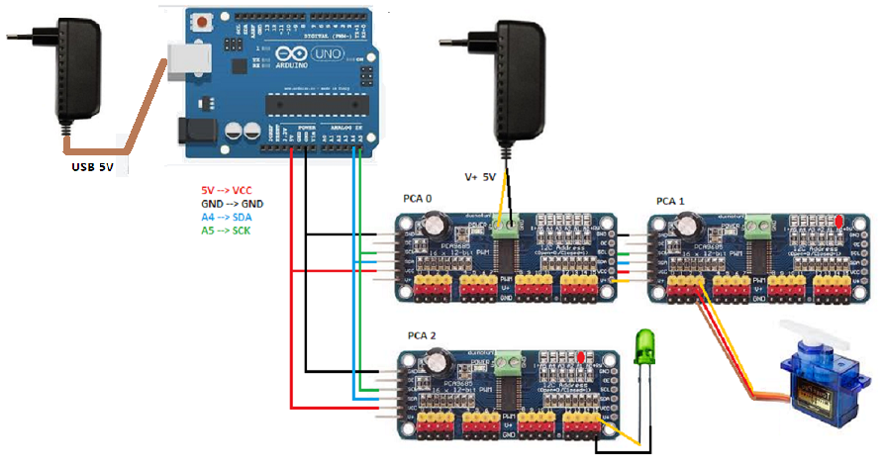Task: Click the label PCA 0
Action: click(419, 198)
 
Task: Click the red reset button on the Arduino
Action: click(204, 21)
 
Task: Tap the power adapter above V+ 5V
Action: click(520, 79)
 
